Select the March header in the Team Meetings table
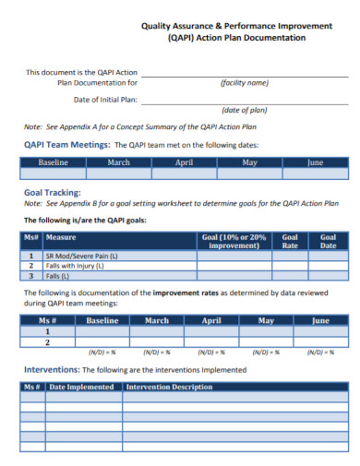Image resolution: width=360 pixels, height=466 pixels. coord(118,162)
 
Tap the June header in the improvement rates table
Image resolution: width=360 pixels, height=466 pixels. coord(320,321)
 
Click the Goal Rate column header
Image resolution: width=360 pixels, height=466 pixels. coord(290,241)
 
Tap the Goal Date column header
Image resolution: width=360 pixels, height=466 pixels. coord(328,241)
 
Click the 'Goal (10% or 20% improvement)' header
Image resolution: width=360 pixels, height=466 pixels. coord(234,241)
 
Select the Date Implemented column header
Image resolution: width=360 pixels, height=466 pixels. coord(85,387)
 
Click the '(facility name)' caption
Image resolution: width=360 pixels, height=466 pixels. coord(245,82)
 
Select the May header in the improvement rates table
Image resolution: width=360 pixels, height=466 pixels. coord(266,321)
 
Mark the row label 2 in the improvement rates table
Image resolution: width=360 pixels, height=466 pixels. coord(46,341)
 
